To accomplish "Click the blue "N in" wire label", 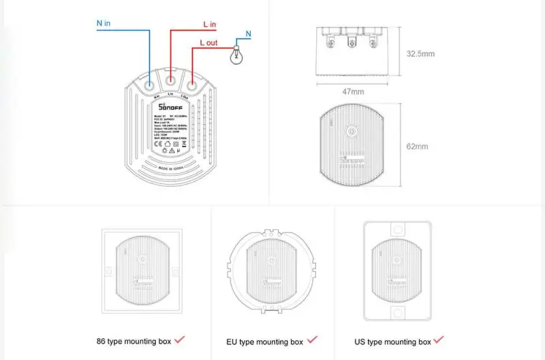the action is (104, 22).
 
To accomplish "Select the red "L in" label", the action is (210, 25).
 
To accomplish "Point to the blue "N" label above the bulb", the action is (248, 33).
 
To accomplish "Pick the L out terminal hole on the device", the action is (193, 87).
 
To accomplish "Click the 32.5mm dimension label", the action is (420, 53).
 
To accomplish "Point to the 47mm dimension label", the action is (352, 91).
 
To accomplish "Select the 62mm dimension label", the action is (417, 146).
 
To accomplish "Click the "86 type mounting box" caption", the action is (134, 340).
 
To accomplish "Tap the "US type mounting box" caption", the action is (393, 341).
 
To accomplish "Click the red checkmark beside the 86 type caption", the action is (180, 339).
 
